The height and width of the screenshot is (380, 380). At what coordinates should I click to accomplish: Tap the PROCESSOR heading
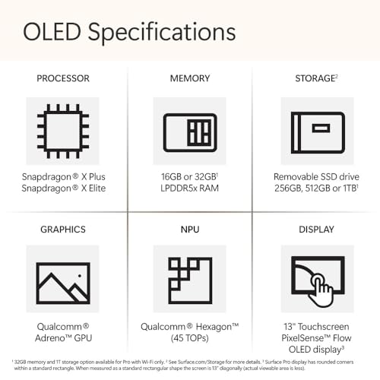pyautogui.click(x=63, y=78)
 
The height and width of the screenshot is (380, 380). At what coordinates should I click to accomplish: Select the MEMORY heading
pyautogui.click(x=189, y=78)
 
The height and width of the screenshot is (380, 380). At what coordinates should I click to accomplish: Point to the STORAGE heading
pyautogui.click(x=315, y=78)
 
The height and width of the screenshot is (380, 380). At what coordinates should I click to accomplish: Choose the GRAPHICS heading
pyautogui.click(x=63, y=230)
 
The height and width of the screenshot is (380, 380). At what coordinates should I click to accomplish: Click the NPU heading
pyautogui.click(x=189, y=230)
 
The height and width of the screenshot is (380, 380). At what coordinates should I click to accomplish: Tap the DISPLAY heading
pyautogui.click(x=315, y=230)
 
